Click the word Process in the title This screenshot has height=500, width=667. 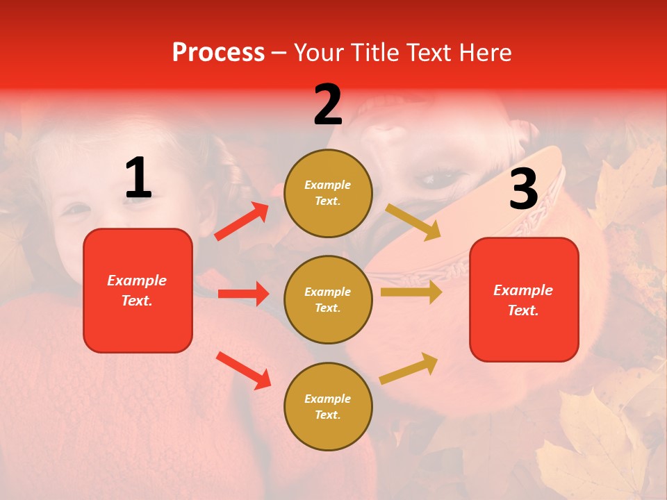(218, 53)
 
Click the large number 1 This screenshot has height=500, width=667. (138, 178)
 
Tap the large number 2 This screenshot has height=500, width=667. (328, 105)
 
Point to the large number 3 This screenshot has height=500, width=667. (523, 189)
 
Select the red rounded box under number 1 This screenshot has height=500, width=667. (138, 290)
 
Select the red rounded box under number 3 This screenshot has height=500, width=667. (524, 299)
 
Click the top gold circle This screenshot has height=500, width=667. (328, 193)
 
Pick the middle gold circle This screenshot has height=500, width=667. (328, 299)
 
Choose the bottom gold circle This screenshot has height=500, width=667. (328, 406)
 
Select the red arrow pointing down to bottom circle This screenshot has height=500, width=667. (244, 370)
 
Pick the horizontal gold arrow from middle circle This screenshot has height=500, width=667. (411, 292)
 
